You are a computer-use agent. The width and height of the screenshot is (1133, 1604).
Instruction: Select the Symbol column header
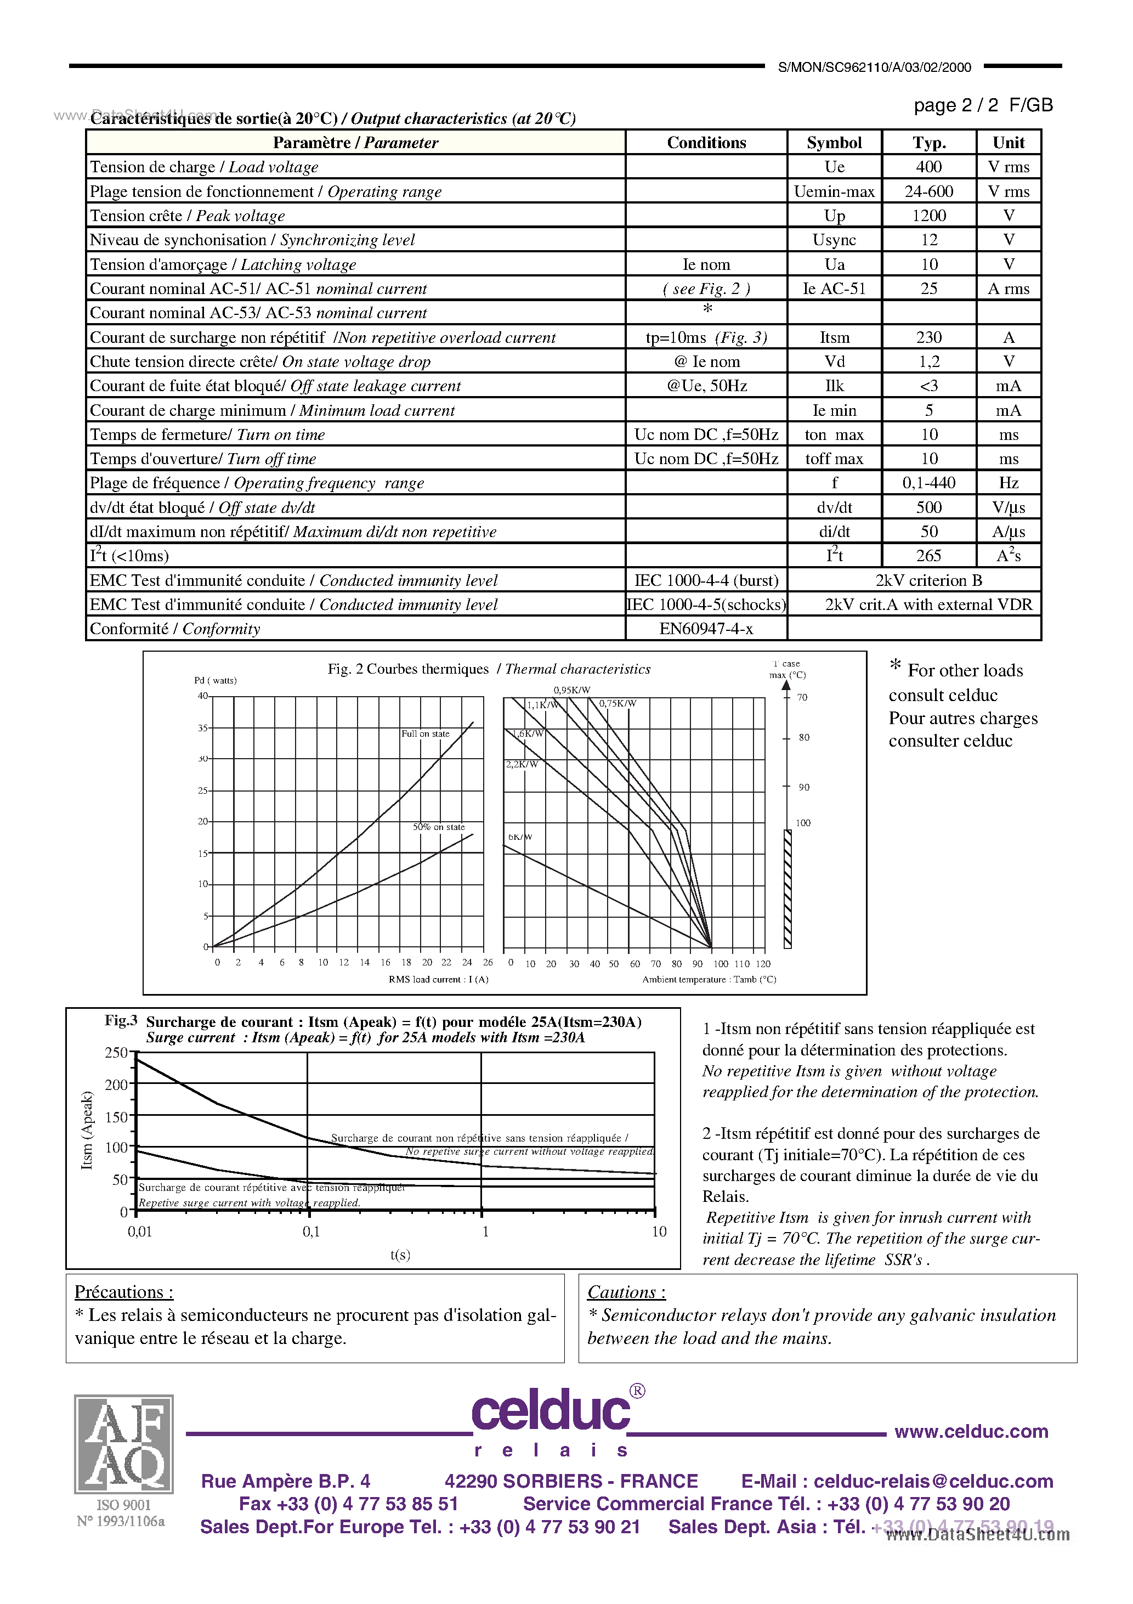[x=834, y=143]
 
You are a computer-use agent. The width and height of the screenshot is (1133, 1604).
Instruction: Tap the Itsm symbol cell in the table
[x=834, y=337]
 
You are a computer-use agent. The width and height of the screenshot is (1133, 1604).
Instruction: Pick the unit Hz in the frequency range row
[x=1008, y=483]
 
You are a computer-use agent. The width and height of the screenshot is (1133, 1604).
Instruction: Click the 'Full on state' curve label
[x=424, y=733]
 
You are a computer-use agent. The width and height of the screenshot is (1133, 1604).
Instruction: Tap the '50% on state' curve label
[x=438, y=827]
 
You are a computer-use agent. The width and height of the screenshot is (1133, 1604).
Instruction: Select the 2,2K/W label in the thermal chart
[x=522, y=764]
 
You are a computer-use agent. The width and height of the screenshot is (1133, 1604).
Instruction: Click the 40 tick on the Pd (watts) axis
[x=202, y=696]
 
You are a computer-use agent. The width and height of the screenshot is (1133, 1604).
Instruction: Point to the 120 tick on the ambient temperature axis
[x=763, y=963]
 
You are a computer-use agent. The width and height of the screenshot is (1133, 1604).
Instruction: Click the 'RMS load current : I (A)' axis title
[x=438, y=979]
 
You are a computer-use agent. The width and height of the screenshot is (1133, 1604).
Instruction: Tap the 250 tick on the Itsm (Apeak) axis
[x=116, y=1053]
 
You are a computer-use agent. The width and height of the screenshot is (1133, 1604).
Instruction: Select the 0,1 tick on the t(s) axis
[x=311, y=1232]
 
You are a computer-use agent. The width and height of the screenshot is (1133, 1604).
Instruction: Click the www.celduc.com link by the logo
[x=971, y=1431]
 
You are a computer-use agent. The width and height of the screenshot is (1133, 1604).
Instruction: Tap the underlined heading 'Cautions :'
[x=626, y=1292]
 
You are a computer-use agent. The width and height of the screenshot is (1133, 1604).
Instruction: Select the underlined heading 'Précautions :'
[x=123, y=1292]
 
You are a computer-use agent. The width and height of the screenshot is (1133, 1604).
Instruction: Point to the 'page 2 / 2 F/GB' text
[x=982, y=105]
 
